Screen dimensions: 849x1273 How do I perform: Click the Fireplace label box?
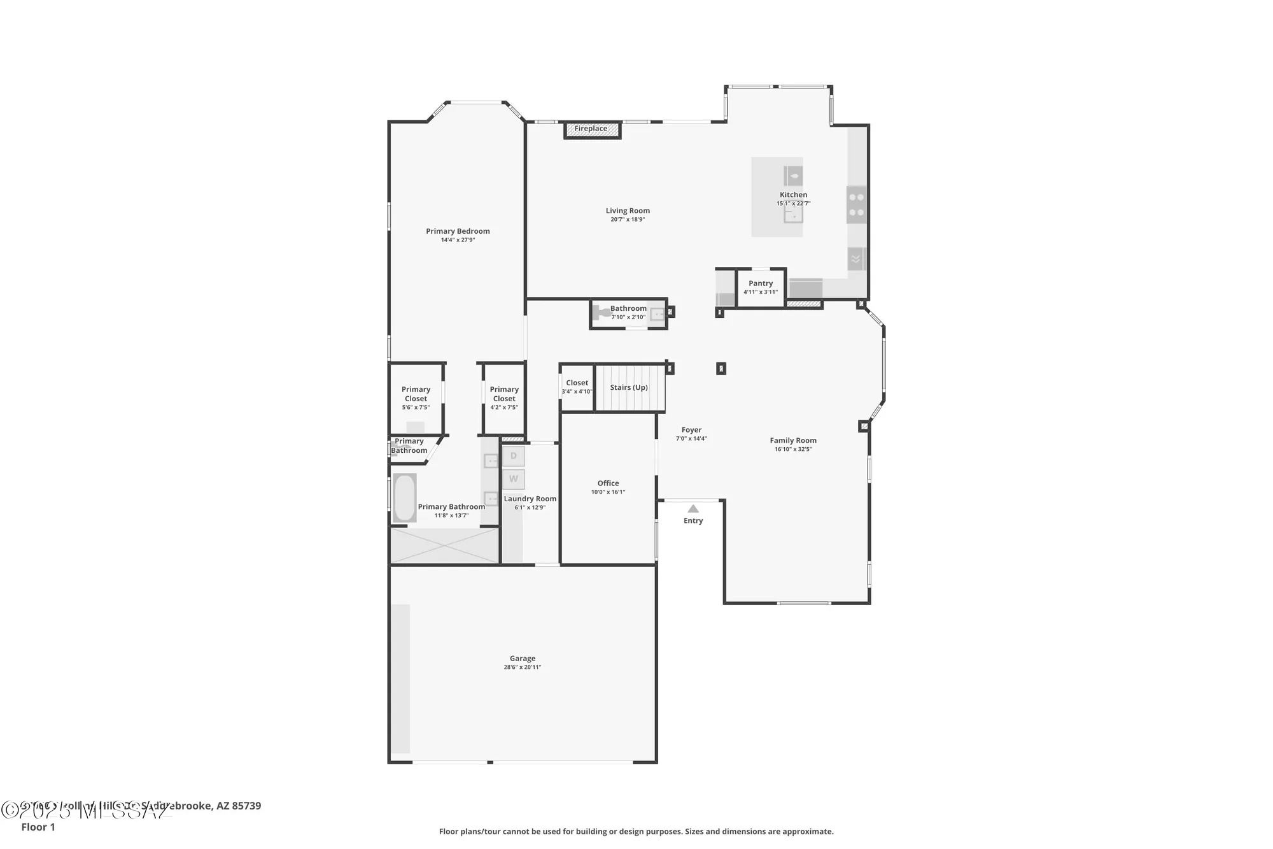[x=591, y=129]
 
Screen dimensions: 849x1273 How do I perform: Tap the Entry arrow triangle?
[x=693, y=508]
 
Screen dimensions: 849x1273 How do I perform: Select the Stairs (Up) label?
[x=628, y=387]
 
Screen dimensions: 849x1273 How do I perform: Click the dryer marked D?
[x=514, y=456]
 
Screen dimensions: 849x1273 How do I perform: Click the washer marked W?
[x=514, y=479]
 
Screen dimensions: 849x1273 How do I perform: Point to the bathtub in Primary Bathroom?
[x=404, y=497]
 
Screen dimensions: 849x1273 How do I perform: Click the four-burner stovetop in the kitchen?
[x=856, y=204]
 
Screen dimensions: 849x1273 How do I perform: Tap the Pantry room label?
[x=761, y=283]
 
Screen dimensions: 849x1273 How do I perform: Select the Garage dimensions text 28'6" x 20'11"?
[x=522, y=667]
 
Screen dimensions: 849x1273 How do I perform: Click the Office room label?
[x=608, y=483]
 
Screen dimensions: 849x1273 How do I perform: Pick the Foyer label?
[x=691, y=430]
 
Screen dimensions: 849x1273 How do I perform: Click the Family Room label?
[x=792, y=440]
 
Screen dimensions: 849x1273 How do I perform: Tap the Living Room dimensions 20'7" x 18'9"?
[x=628, y=220]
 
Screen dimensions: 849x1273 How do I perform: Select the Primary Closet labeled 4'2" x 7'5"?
[x=504, y=397]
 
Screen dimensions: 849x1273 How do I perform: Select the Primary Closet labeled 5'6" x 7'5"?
[x=416, y=397]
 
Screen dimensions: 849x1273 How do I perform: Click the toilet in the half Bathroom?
[x=601, y=313]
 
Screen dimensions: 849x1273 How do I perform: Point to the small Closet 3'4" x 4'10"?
[x=577, y=387]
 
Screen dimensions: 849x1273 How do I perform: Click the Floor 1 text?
[x=38, y=827]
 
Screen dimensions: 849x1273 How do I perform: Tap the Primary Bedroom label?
[x=458, y=231]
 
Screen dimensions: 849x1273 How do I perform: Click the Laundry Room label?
[x=530, y=499]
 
